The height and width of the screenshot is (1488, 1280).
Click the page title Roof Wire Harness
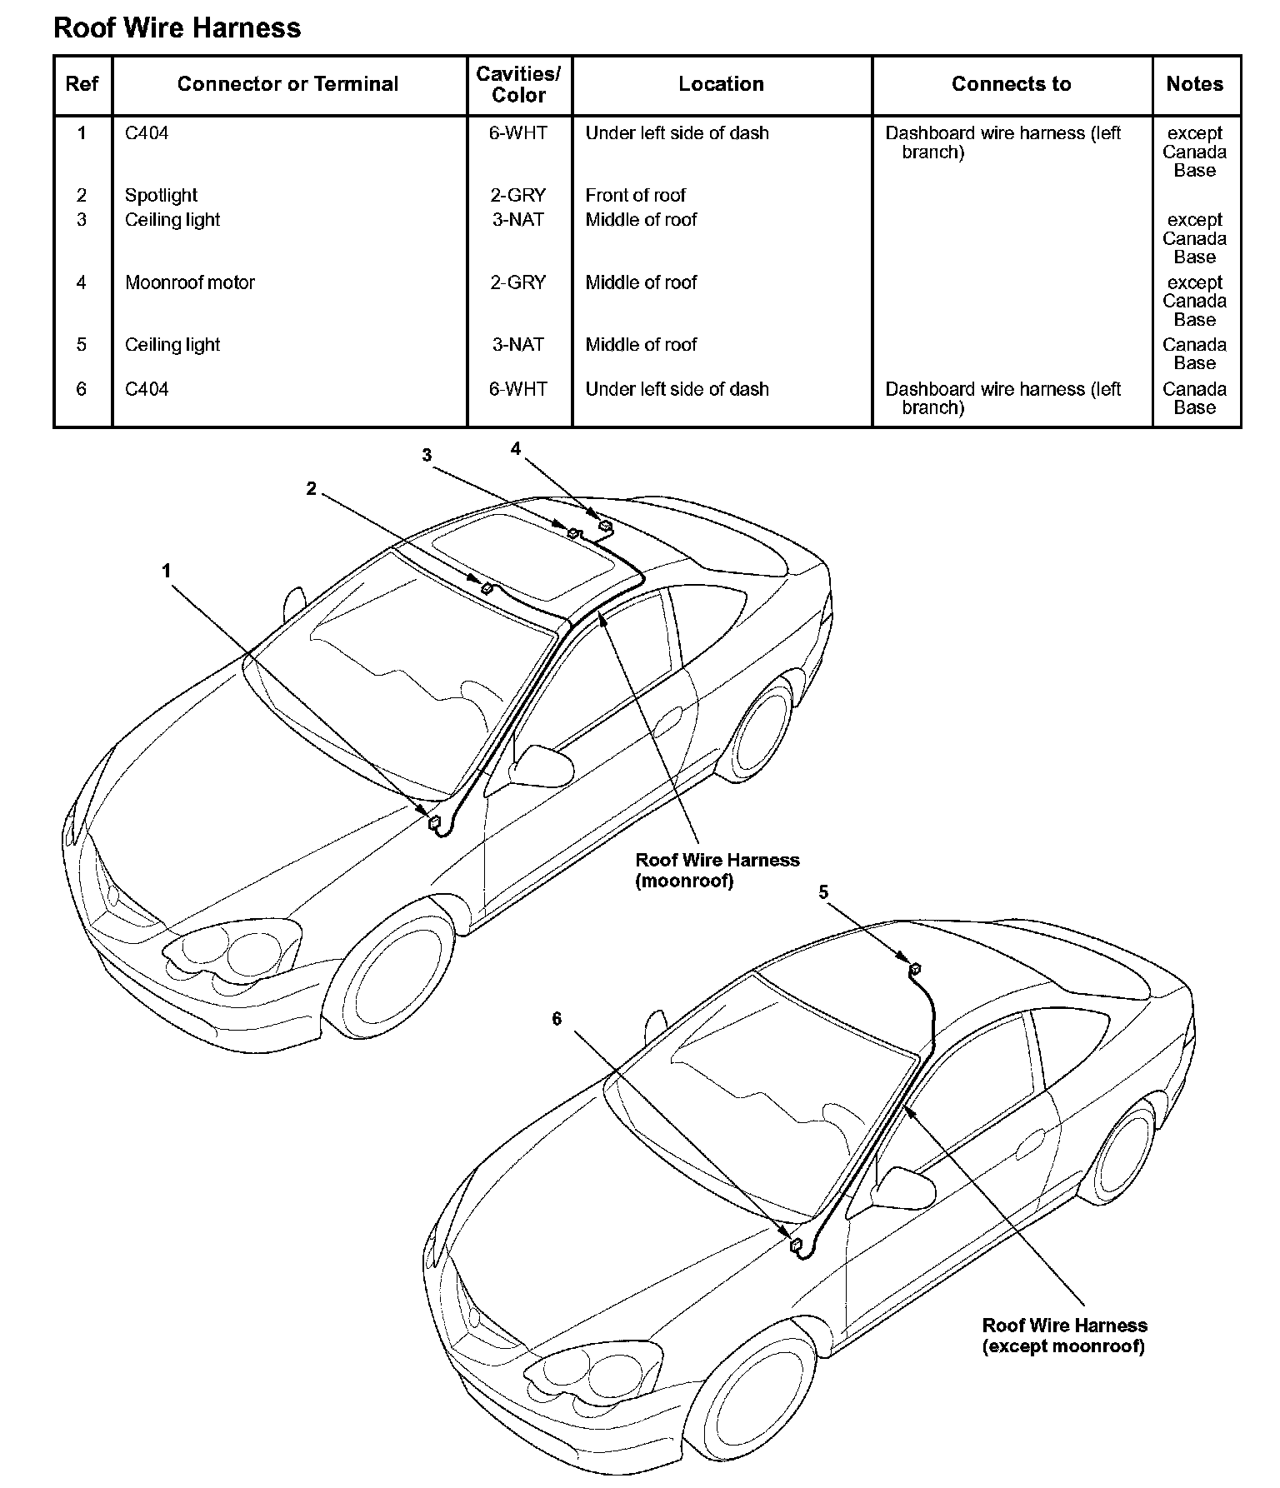177,27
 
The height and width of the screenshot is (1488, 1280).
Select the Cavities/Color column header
518,84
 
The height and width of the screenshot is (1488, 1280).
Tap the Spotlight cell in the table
161,195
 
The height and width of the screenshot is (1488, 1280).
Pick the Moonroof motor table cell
190,282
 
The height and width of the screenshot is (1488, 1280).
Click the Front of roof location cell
635,195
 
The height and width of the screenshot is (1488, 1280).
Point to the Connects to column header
1011,84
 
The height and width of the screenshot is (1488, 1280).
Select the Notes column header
1194,84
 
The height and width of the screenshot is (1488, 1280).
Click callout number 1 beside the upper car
167,571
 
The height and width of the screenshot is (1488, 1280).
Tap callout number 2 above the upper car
311,489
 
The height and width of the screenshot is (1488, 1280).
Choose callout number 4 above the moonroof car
516,449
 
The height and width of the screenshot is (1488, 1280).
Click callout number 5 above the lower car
823,893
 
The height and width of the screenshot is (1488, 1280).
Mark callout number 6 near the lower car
557,1019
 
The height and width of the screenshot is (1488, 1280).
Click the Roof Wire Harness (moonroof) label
717,870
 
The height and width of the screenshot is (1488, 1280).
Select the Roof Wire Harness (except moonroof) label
1064,1336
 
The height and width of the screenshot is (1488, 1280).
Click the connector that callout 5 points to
914,968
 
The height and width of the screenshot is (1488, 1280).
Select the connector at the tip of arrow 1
434,823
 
